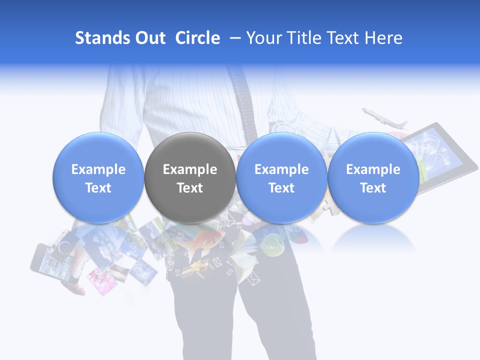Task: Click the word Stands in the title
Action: coord(103,38)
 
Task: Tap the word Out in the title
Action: coord(150,38)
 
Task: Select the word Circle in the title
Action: coord(197,38)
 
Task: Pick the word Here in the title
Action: coord(383,38)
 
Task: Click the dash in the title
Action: coord(232,38)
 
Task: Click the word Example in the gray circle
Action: coord(189,169)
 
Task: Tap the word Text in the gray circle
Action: coord(189,188)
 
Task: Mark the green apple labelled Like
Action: coord(271,247)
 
